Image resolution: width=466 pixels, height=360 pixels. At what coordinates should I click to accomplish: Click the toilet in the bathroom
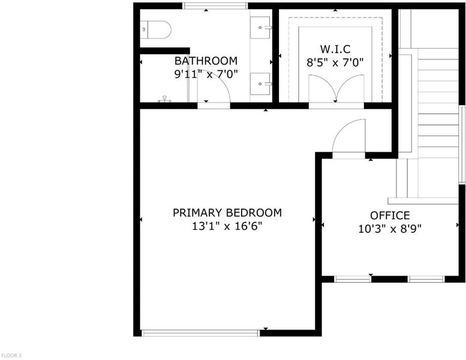click(x=156, y=30)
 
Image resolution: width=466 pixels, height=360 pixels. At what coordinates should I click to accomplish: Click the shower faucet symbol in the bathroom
click(x=164, y=99)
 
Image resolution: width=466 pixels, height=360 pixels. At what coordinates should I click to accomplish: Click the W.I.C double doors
click(x=336, y=88)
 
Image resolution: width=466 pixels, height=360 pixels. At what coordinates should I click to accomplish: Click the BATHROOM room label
click(x=206, y=61)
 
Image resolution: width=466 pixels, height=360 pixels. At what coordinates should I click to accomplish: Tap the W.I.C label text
click(x=335, y=49)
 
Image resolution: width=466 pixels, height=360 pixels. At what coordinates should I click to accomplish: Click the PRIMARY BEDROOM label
click(x=227, y=213)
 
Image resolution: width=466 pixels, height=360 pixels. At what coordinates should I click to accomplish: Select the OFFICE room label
click(x=390, y=215)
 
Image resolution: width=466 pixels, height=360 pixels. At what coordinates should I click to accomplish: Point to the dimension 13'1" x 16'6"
click(x=227, y=227)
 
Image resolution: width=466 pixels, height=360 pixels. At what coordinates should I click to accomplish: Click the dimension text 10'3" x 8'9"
click(x=390, y=229)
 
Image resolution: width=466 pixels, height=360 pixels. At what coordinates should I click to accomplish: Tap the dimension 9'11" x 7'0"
click(x=206, y=74)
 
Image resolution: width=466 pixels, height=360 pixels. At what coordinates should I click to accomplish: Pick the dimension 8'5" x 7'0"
click(x=335, y=62)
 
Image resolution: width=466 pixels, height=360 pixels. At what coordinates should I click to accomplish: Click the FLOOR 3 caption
click(x=11, y=355)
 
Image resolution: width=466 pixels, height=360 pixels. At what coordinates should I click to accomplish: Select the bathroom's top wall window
click(x=215, y=5)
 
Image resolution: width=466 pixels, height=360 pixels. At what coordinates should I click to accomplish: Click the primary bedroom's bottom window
click(x=200, y=333)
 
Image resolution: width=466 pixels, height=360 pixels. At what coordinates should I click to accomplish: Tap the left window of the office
click(x=353, y=279)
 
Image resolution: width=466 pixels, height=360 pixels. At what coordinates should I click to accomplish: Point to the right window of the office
click(x=426, y=279)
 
